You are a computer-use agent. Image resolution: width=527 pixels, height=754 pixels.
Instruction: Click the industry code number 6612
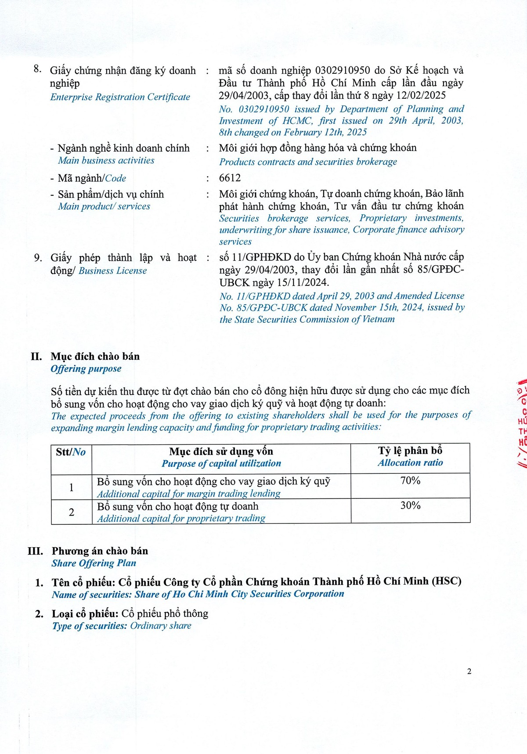coord(230,178)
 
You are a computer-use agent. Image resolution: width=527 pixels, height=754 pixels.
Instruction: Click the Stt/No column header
coord(71,452)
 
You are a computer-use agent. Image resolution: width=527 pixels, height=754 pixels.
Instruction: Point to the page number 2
coord(469,671)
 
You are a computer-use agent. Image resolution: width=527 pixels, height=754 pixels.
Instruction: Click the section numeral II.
coord(36,357)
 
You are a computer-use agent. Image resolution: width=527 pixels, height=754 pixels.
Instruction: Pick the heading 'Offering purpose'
coord(86,369)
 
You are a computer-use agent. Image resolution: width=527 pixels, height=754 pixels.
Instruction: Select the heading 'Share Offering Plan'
coord(94,563)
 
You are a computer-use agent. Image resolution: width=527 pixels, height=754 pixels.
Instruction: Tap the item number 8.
coord(38,69)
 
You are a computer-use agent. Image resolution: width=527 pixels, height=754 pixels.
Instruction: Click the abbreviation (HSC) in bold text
coord(447,581)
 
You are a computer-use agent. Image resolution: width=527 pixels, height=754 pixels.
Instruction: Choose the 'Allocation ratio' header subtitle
coord(410,463)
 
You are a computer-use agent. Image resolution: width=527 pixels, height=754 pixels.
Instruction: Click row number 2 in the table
coord(72,512)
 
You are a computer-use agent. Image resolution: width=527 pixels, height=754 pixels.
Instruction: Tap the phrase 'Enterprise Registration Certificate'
coord(120,97)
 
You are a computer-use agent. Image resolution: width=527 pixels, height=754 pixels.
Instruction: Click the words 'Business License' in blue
coord(113,271)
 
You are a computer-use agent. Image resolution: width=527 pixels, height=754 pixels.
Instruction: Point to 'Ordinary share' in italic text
coord(161,626)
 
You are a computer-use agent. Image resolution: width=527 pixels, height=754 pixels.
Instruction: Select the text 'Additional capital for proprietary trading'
coord(181,519)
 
